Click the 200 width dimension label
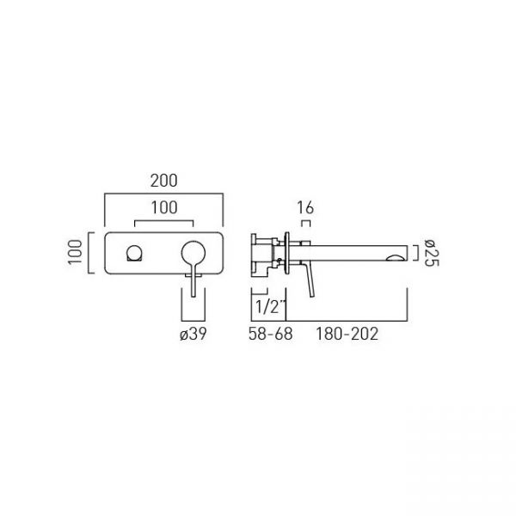pyautogui.click(x=164, y=181)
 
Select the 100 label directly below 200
pyautogui.click(x=164, y=207)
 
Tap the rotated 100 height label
pyautogui.click(x=75, y=252)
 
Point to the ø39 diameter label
pyautogui.click(x=193, y=334)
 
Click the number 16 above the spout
pyautogui.click(x=305, y=207)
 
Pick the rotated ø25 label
pyautogui.click(x=431, y=253)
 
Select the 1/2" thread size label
pyautogui.click(x=270, y=307)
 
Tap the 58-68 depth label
pyautogui.click(x=271, y=334)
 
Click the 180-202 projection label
pyautogui.click(x=347, y=334)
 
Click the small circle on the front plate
pyautogui.click(x=135, y=253)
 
